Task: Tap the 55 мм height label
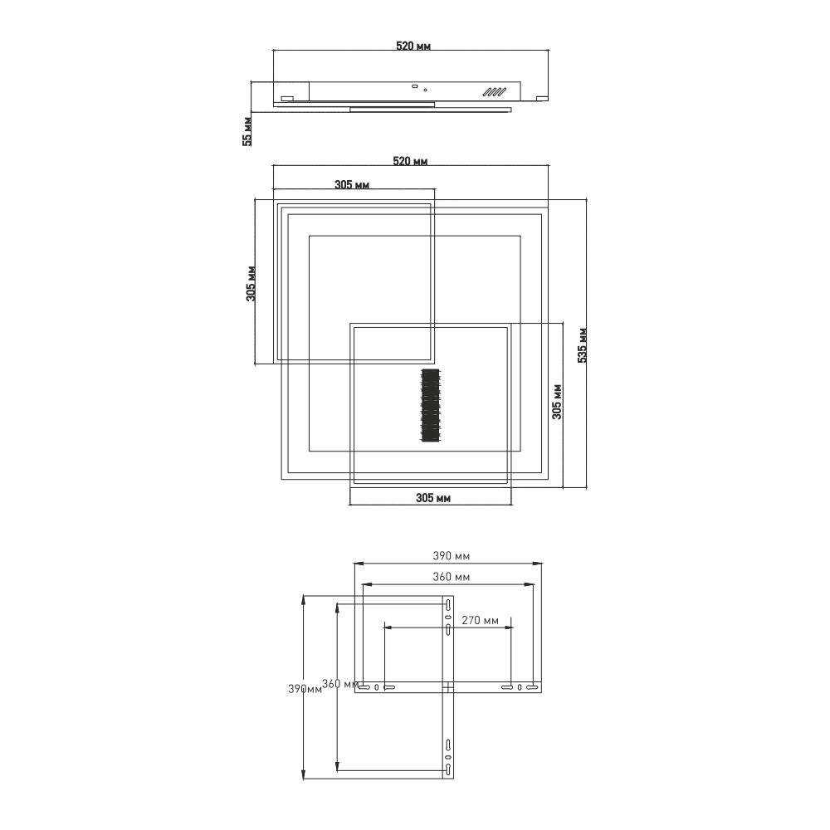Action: point(247,131)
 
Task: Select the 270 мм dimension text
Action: point(480,620)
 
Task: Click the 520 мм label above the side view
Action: point(413,46)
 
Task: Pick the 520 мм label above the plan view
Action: point(413,161)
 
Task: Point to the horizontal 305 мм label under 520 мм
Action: point(352,184)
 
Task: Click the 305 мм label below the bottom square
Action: point(432,498)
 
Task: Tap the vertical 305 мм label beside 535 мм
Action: point(558,401)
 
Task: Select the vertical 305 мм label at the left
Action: point(251,283)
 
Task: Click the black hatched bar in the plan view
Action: point(429,405)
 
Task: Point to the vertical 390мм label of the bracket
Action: point(304,689)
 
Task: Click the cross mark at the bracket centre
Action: point(447,687)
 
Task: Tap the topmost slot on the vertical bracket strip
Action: point(447,603)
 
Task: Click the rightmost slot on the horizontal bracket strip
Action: point(533,687)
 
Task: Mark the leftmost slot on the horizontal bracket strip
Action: point(363,687)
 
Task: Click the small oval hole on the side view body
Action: point(413,85)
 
